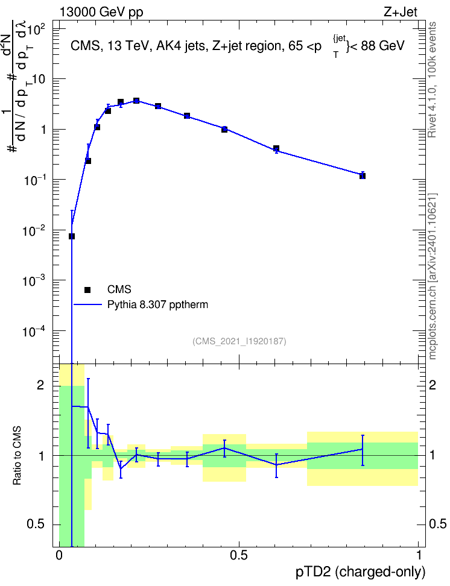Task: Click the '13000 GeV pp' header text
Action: point(101,13)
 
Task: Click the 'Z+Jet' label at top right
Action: point(401,12)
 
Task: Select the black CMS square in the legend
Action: point(87,289)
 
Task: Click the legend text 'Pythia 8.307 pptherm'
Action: point(157,305)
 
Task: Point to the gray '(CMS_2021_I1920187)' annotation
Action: point(239,341)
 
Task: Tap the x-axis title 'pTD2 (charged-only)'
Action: point(360,572)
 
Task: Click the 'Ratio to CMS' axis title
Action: point(17,456)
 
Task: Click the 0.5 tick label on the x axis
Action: point(239,555)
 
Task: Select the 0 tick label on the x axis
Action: point(59,555)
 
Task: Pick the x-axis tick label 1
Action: point(418,555)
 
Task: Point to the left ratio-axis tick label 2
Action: point(40,385)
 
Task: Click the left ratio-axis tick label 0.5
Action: point(36,525)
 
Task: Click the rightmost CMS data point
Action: point(362,175)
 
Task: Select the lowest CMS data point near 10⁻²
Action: point(71,236)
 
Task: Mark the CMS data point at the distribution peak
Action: point(136,101)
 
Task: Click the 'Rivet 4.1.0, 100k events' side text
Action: point(432,80)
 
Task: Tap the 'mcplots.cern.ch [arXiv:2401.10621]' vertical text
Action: point(432,276)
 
